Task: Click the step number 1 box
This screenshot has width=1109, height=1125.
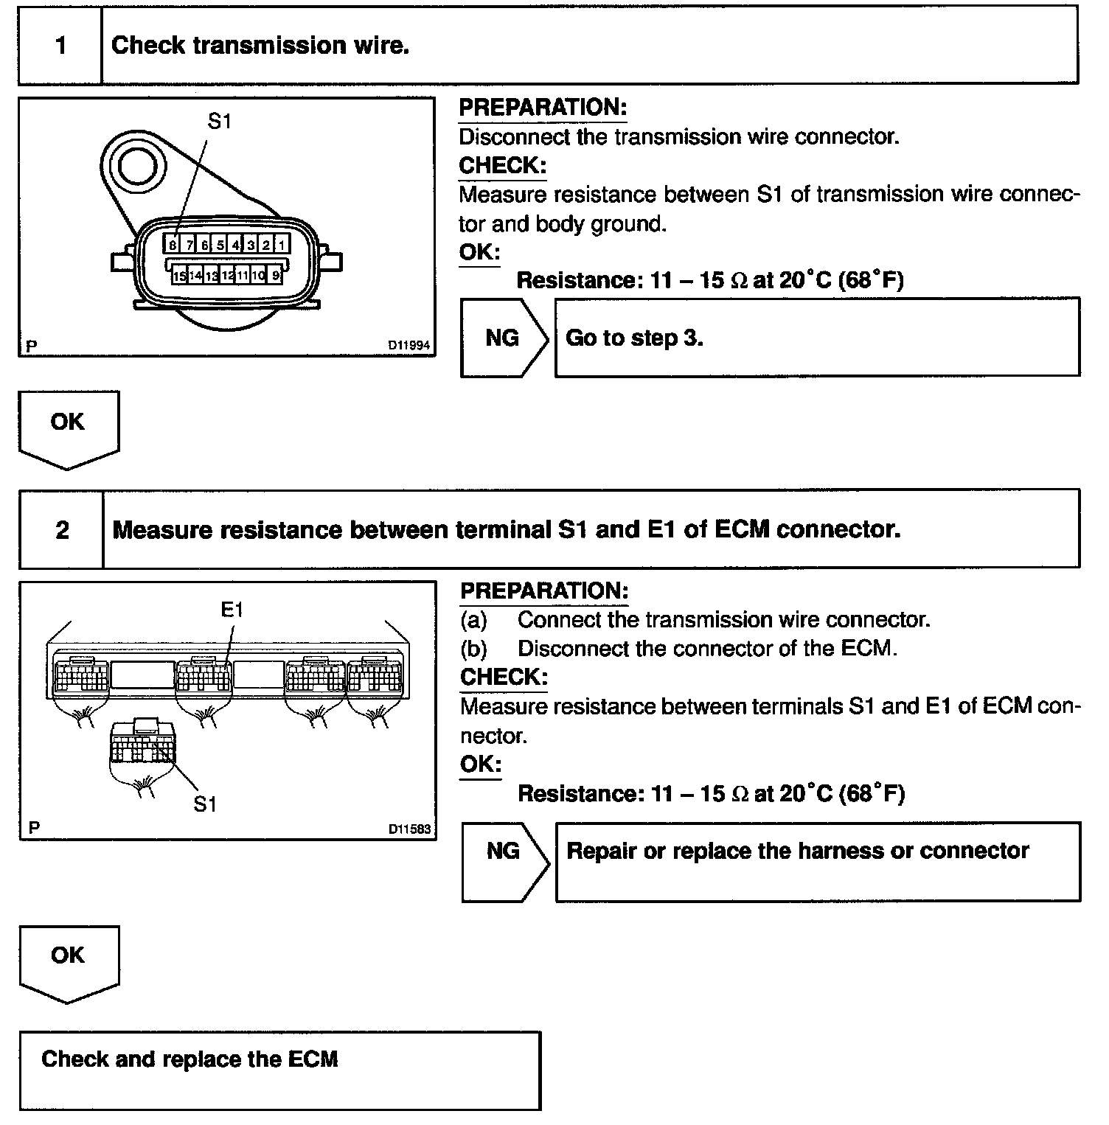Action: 60,46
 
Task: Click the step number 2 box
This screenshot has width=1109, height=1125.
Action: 62,529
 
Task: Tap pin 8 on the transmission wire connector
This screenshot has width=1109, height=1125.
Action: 172,245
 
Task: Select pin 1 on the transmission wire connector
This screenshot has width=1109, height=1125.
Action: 281,245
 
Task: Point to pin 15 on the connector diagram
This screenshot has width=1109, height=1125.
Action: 179,276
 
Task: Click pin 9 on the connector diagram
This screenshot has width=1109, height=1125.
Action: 276,276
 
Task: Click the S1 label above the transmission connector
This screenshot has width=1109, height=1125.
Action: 219,121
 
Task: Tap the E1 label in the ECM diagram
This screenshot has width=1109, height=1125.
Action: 232,610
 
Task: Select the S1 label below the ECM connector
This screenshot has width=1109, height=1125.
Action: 205,804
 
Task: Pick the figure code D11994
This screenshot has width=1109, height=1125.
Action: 409,345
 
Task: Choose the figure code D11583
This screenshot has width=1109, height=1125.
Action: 409,829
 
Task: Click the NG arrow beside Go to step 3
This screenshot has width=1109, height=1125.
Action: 504,338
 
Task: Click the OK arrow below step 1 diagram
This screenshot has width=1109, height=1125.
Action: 68,428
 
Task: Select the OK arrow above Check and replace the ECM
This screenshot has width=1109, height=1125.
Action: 68,961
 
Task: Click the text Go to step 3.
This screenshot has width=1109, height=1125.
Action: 634,338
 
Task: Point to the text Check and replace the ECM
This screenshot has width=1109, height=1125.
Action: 190,1059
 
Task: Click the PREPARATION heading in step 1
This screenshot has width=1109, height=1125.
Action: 543,108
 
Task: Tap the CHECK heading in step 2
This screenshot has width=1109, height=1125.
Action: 504,677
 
